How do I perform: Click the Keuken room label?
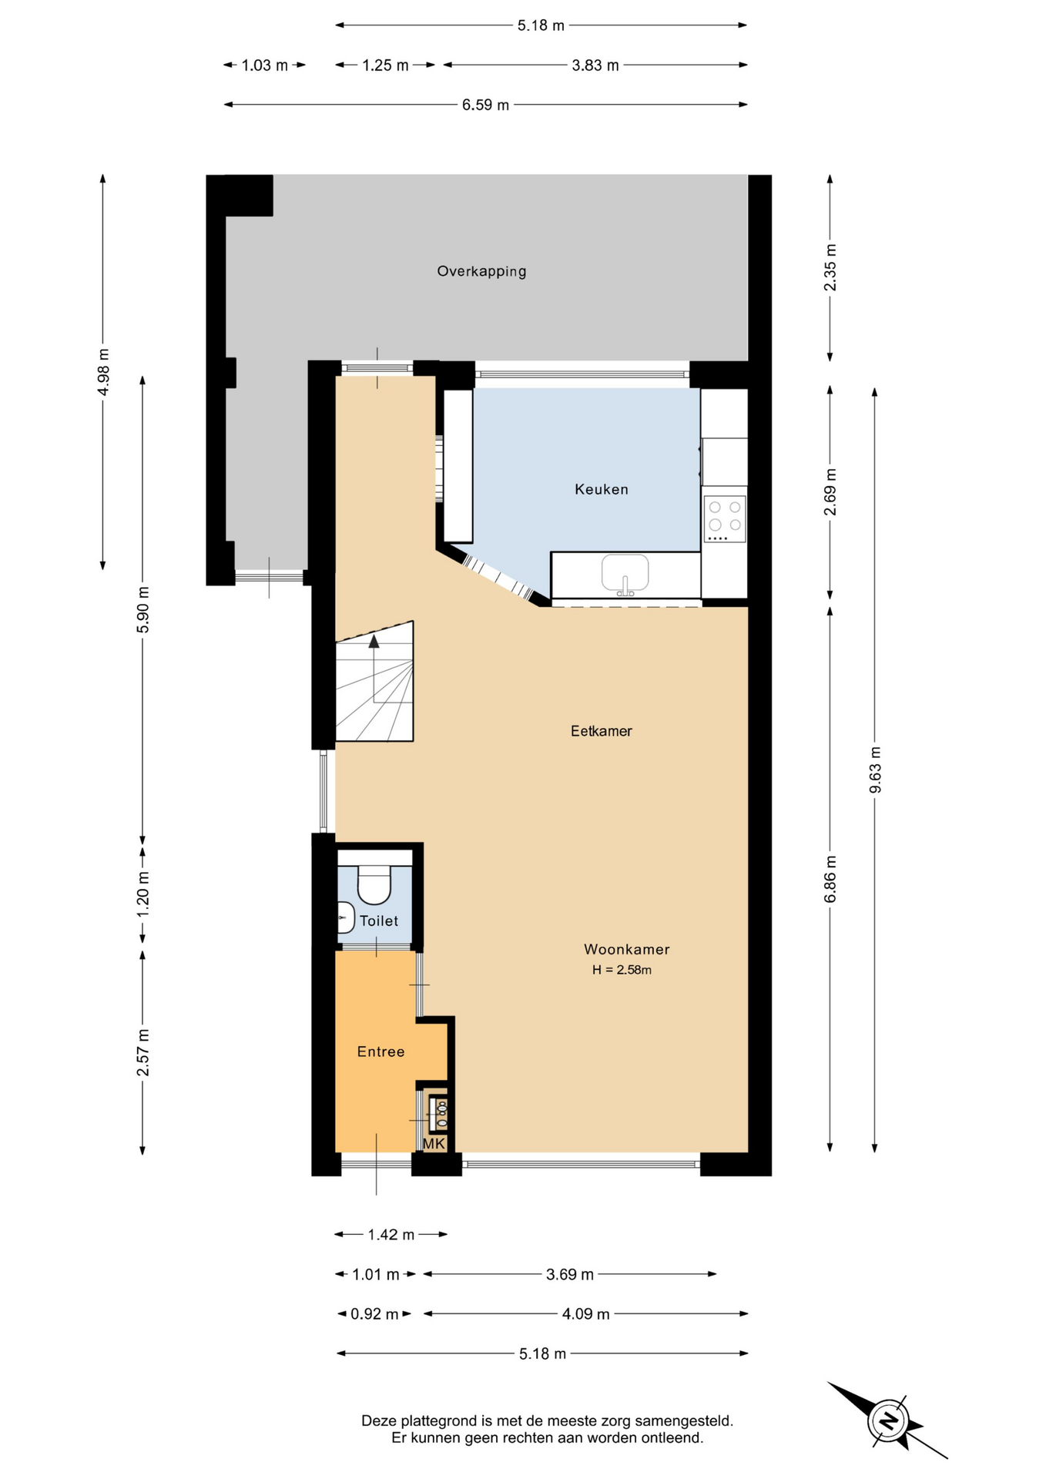point(601,489)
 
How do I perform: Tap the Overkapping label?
point(481,271)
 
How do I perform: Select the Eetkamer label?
point(601,731)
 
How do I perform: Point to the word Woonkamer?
point(626,950)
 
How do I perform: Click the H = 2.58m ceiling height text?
point(622,970)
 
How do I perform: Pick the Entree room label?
point(381,1051)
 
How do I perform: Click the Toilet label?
point(379,921)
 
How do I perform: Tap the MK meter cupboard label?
point(434,1144)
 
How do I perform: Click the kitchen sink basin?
point(625,573)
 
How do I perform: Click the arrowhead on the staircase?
point(374,641)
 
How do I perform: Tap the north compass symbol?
point(888,1420)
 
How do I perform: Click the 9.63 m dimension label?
point(875,770)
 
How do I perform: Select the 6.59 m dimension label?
point(485,105)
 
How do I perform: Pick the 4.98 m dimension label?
point(103,372)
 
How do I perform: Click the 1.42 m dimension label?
point(391,1235)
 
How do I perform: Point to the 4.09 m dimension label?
point(585,1314)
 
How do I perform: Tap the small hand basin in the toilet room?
point(346,918)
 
